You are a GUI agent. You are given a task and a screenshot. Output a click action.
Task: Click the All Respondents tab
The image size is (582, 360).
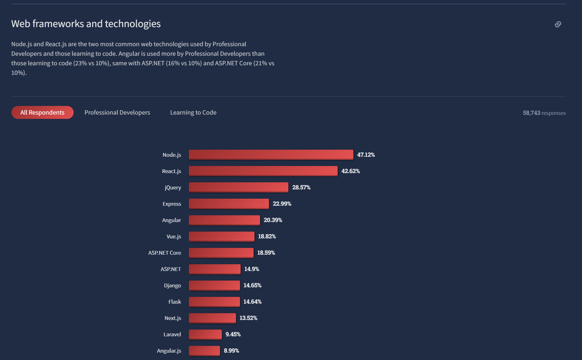(43, 112)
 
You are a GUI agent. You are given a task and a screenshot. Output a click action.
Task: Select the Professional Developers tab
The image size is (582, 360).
(117, 112)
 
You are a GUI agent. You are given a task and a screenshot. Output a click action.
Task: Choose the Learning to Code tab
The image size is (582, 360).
(193, 112)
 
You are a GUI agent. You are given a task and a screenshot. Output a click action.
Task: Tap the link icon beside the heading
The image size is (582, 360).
(558, 24)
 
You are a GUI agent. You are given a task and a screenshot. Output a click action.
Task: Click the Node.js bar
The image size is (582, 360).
(271, 155)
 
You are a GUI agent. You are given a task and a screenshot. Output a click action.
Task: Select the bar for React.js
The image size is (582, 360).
(263, 171)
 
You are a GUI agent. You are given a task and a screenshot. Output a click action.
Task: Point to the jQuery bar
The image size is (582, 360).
(238, 187)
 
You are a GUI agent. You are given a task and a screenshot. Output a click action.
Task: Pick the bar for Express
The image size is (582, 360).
(229, 204)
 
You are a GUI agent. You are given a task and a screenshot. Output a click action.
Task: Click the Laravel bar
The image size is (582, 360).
(205, 334)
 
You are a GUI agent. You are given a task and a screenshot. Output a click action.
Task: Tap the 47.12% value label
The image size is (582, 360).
(366, 155)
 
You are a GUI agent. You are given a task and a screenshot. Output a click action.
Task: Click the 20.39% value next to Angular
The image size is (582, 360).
(273, 220)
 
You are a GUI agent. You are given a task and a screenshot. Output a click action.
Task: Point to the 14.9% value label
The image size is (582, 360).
(251, 269)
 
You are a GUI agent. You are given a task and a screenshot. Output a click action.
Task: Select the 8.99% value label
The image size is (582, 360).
(231, 350)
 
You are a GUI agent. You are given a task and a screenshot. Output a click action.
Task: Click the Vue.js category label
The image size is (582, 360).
(174, 236)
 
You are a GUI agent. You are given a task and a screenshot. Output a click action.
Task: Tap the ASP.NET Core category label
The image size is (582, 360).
(165, 253)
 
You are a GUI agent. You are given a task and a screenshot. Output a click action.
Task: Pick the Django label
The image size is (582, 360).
(172, 285)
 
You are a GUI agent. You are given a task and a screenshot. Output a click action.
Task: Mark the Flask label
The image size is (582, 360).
(175, 301)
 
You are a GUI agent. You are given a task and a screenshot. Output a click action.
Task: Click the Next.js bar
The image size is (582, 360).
(212, 318)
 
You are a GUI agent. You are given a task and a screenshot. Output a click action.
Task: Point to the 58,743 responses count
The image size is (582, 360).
(544, 113)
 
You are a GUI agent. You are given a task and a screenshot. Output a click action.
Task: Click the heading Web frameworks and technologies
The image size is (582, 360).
(86, 24)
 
